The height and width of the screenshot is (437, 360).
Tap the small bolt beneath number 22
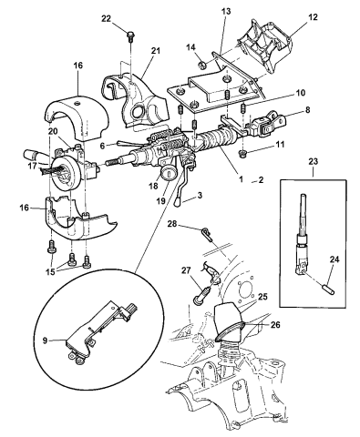(x=133, y=36)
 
